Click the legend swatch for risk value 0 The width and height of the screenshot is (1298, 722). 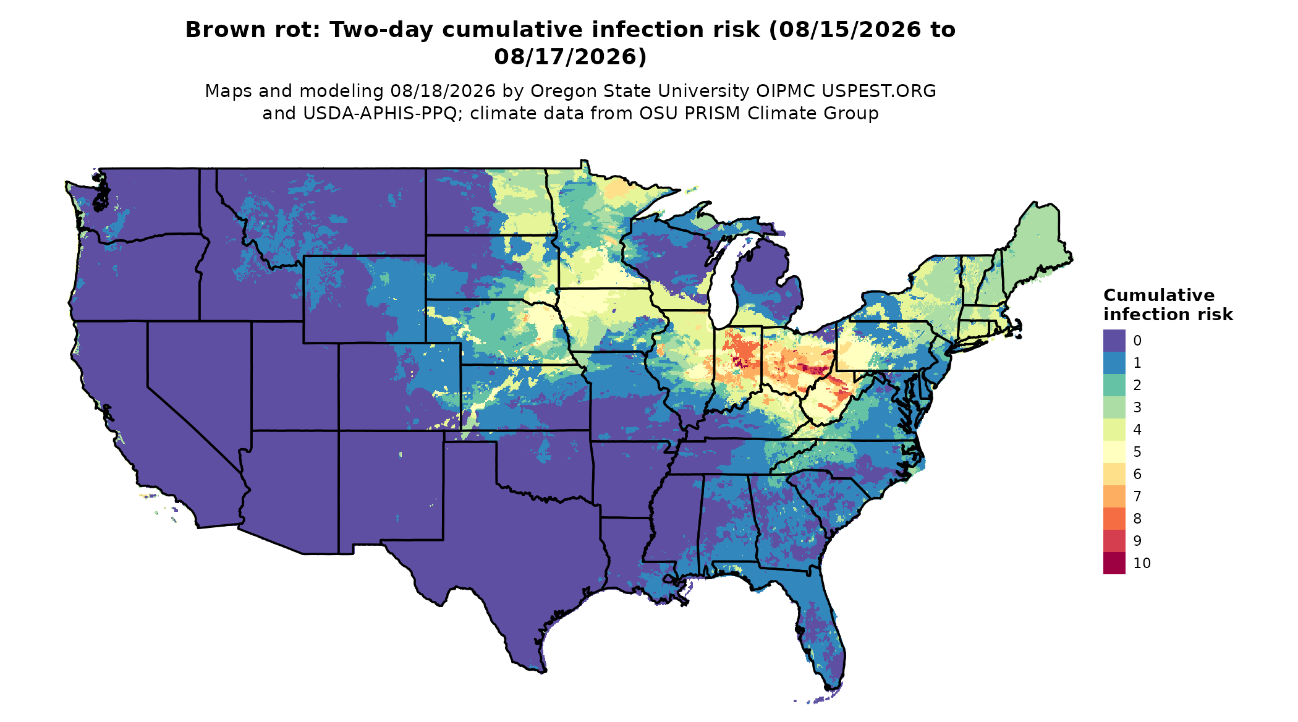[1114, 341]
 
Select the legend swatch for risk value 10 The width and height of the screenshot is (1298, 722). [1114, 563]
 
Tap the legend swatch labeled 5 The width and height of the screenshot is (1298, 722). [1114, 452]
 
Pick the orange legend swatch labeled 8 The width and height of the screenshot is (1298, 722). [1114, 519]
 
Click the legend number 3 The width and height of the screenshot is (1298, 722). [1137, 407]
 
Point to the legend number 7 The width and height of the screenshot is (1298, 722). [1137, 496]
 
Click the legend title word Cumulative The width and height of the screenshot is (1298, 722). [1159, 295]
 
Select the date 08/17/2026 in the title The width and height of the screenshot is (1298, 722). [570, 57]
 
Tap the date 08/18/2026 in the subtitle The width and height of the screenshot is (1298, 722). [443, 91]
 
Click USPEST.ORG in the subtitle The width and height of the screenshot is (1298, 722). [878, 91]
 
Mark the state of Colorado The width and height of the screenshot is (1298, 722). [399, 386]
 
